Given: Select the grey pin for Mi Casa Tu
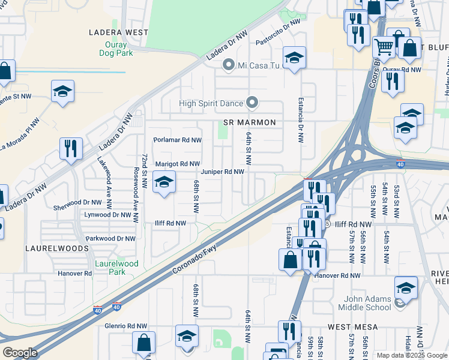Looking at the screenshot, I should click(228, 64).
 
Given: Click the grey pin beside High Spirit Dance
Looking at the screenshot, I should click(253, 103).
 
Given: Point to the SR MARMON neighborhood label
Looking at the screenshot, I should click(249, 122).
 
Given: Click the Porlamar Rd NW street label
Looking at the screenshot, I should click(177, 140).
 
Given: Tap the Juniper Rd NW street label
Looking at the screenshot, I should click(222, 172).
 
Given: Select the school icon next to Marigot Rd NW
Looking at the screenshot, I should click(164, 182).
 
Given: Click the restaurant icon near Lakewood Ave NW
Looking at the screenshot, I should click(71, 148).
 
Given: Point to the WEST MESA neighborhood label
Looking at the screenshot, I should click(351, 327).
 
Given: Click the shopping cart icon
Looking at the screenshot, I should click(382, 46).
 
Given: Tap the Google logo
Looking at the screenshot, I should click(20, 353).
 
